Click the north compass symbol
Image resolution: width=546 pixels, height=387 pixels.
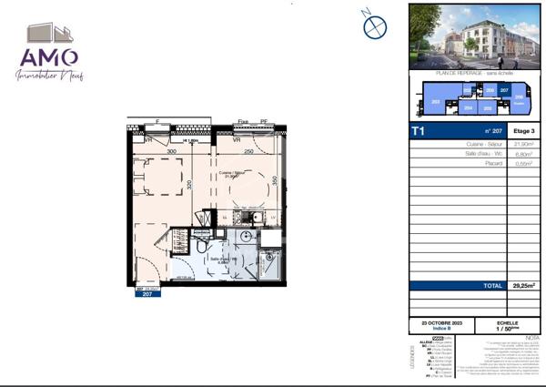click(375, 25)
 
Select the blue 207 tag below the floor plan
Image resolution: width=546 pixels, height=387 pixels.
click(147, 294)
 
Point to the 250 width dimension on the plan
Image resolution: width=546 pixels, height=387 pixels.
click(248, 153)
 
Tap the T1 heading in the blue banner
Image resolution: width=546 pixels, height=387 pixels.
click(419, 131)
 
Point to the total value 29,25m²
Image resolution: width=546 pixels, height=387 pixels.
click(522, 286)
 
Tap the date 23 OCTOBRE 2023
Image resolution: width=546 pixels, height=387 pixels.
click(430, 323)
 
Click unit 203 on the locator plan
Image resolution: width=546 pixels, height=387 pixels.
click(436, 102)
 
